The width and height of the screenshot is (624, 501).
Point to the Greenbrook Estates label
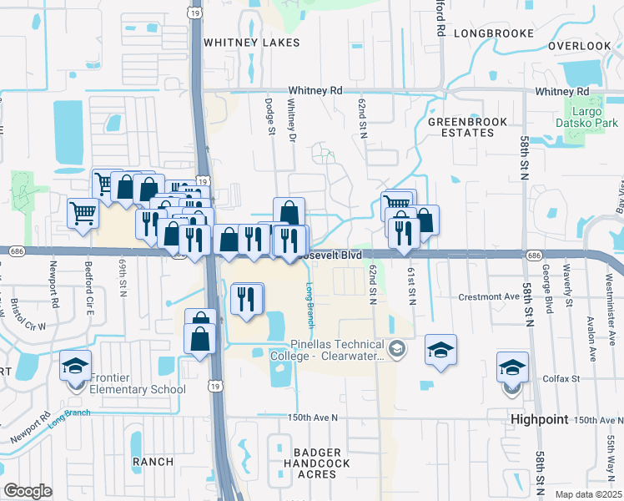[461, 127]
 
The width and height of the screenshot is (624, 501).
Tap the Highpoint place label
[539, 418]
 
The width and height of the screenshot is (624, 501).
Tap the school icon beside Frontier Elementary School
[75, 368]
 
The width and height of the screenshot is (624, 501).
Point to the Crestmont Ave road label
[488, 296]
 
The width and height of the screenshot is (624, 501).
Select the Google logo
[28, 491]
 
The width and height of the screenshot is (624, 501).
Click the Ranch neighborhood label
[153, 461]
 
